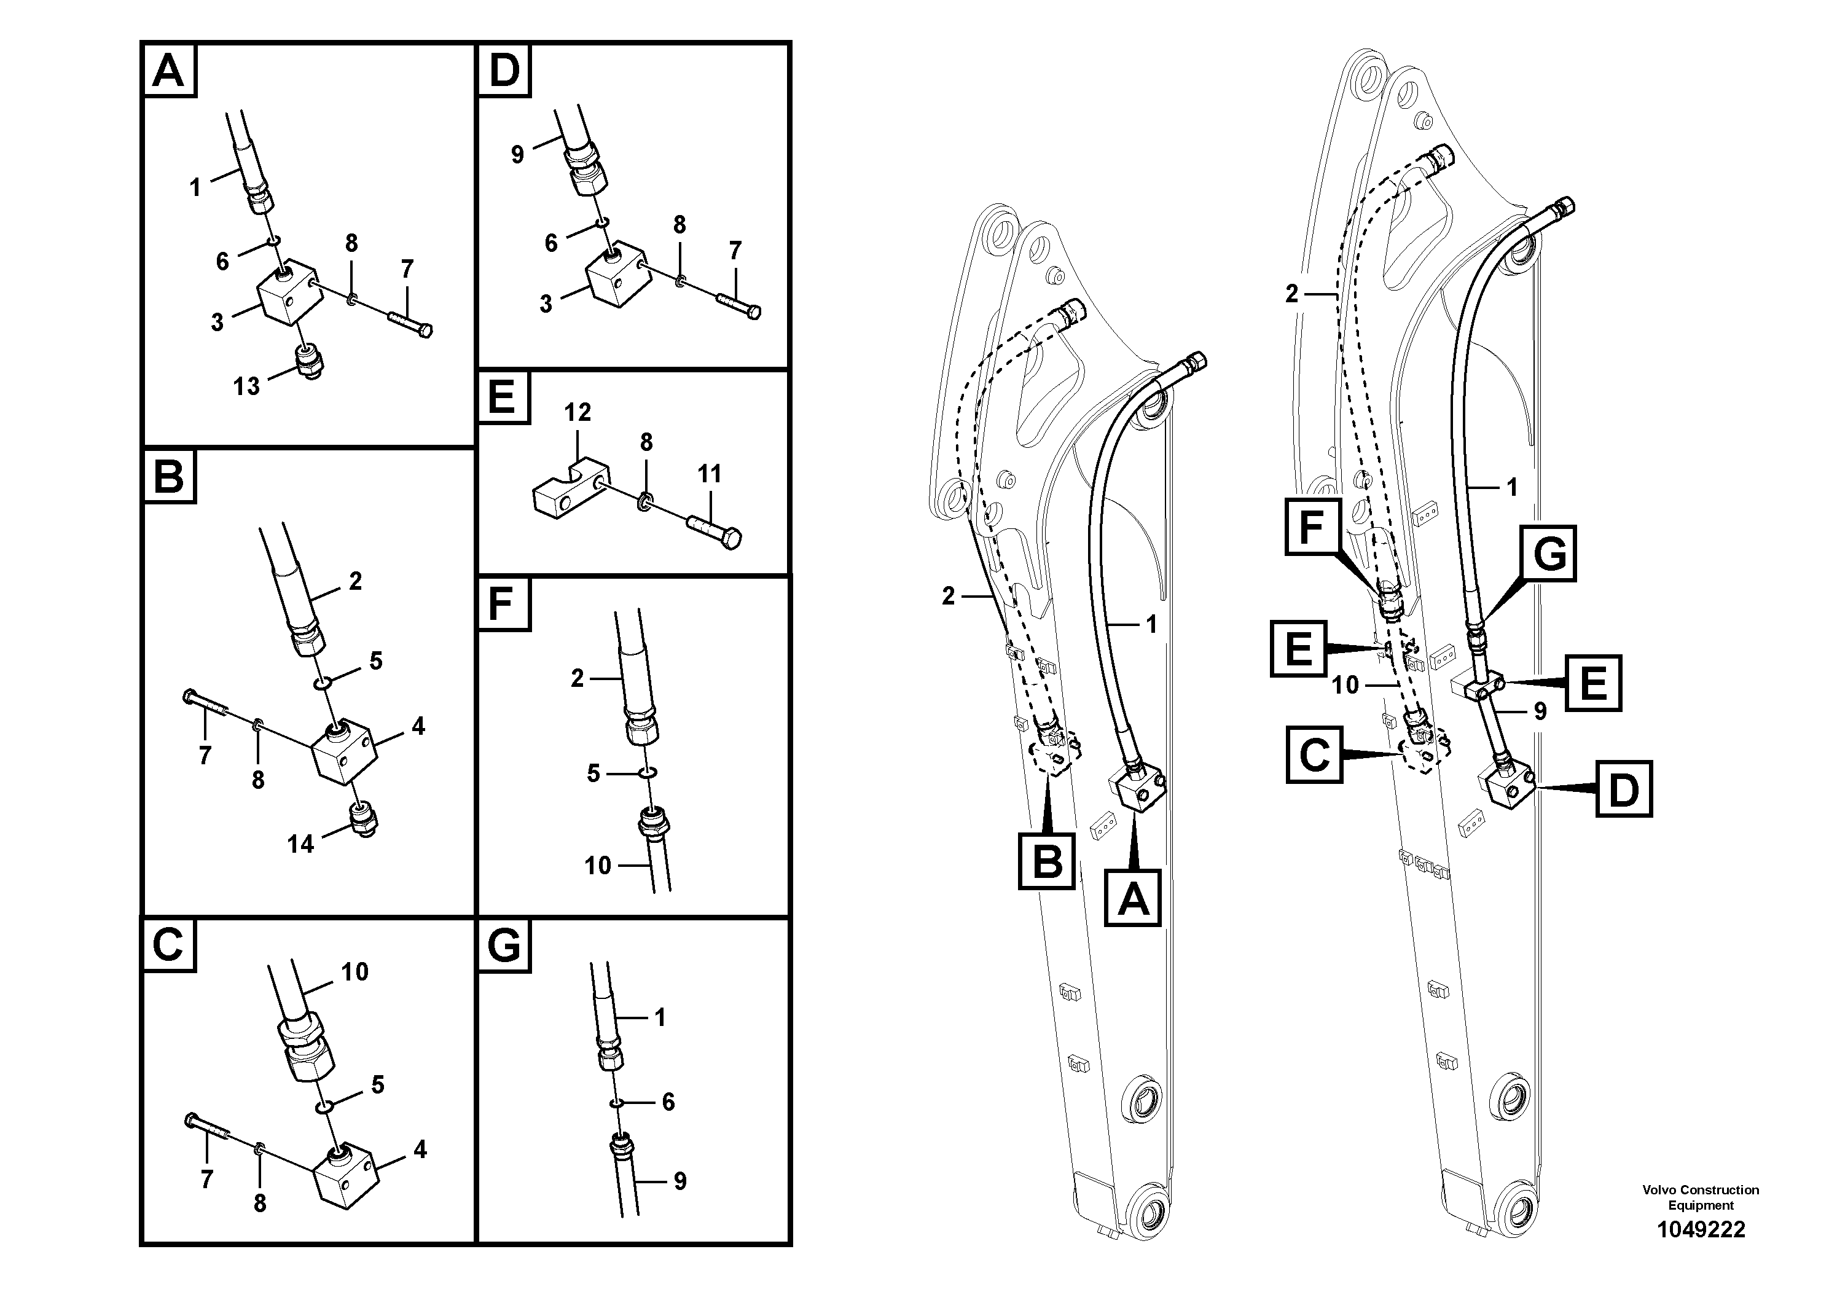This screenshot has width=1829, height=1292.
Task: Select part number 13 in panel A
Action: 246,386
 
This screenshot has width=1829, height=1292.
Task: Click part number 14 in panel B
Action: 300,844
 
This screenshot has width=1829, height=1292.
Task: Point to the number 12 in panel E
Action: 578,413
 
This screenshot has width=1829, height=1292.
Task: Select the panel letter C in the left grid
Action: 168,946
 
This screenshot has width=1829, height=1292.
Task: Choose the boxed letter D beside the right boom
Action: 1623,789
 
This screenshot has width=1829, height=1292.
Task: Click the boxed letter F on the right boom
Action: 1311,527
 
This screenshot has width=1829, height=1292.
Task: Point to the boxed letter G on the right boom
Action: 1549,552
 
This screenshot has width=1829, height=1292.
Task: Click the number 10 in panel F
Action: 597,866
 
